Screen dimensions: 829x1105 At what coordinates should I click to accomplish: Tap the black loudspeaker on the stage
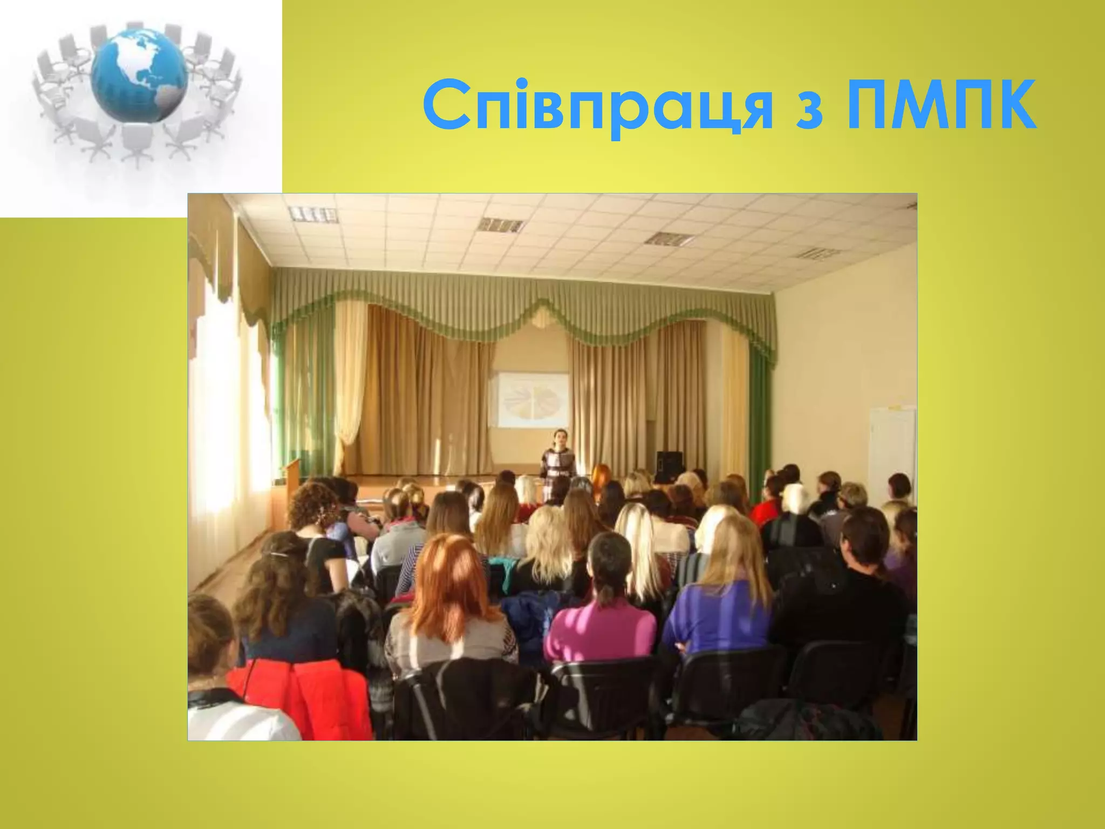pos(669,466)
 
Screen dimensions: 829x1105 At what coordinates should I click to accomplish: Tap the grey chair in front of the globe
pos(135,140)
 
